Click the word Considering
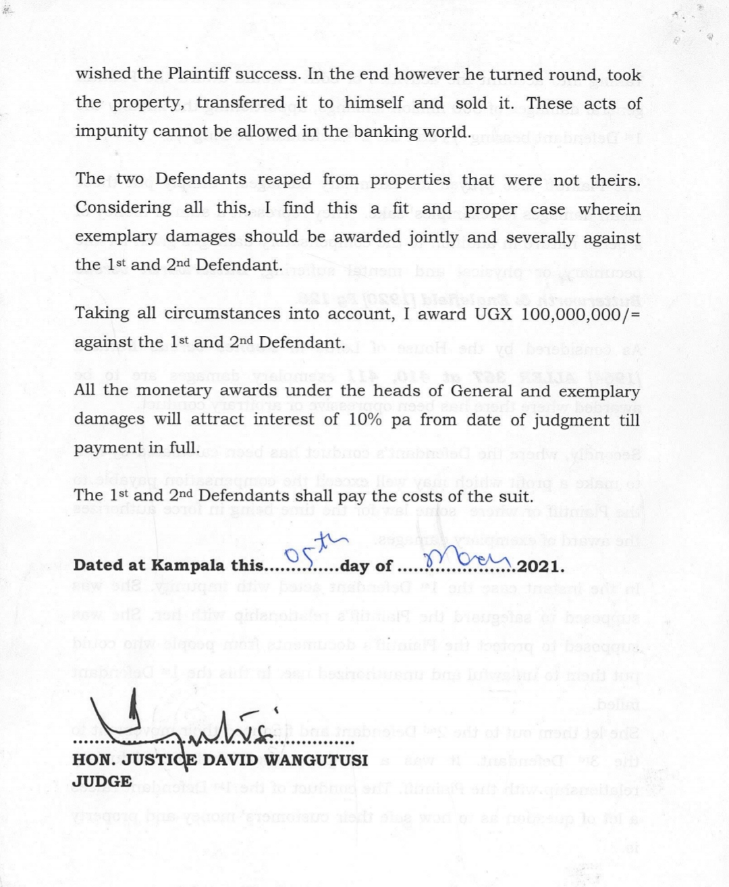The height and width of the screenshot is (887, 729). coord(124,208)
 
